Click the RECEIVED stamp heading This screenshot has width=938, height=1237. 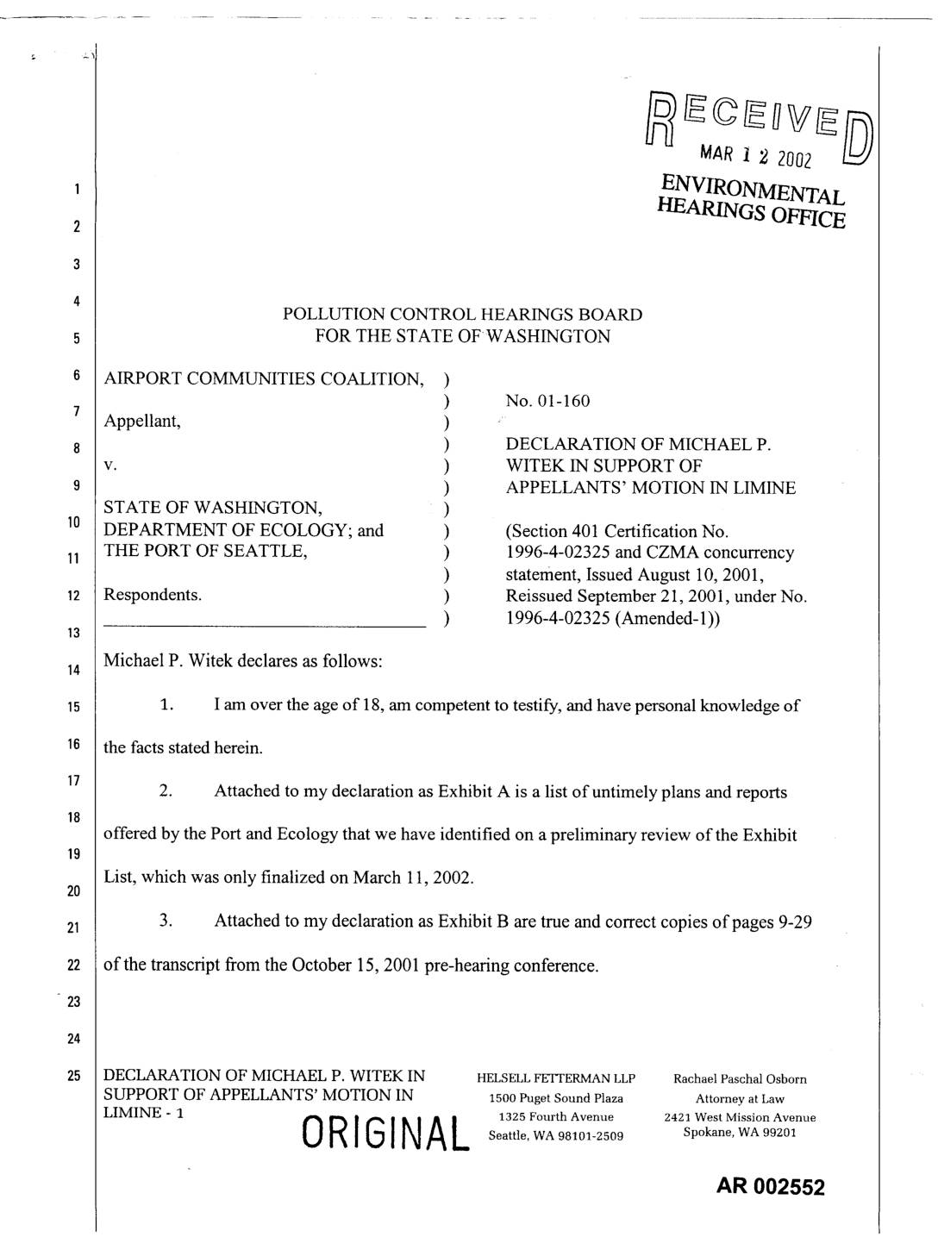point(759,122)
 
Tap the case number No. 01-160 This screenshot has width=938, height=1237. point(547,401)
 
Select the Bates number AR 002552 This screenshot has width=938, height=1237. point(770,1188)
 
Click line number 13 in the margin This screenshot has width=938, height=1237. point(76,633)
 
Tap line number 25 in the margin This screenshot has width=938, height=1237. point(76,1076)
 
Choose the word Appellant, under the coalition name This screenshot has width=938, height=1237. point(142,422)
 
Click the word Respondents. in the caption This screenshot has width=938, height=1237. point(153,595)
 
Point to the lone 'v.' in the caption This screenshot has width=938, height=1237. point(110,465)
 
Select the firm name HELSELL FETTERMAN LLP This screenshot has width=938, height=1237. point(555,1079)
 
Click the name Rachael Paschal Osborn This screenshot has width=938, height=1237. point(740,1079)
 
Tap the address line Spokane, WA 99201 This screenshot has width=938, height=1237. point(740,1133)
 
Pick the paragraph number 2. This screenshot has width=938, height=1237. point(166,790)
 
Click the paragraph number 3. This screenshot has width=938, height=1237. point(166,921)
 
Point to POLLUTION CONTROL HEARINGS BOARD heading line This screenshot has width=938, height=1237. point(462,315)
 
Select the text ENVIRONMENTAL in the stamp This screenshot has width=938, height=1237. point(752,186)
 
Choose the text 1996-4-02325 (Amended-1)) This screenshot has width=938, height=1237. point(612,618)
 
